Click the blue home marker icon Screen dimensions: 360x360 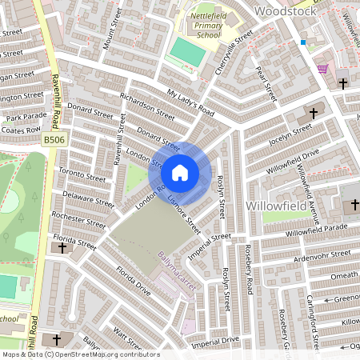[180, 172]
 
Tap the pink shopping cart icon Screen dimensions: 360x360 [322, 69]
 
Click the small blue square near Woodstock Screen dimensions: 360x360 [303, 42]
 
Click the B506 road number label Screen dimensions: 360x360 [53, 139]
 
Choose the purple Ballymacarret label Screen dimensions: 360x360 [174, 271]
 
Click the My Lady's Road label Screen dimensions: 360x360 [190, 102]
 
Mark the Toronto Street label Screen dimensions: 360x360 [82, 175]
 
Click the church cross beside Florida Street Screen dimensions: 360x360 [62, 249]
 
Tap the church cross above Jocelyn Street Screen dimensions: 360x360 [313, 114]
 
